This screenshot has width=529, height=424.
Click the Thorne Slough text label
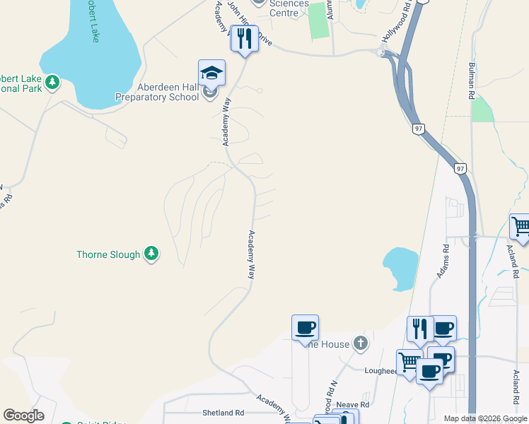coord(108,254)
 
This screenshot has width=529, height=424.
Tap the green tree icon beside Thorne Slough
coord(151,254)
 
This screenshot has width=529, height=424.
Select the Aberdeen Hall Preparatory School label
coord(157,92)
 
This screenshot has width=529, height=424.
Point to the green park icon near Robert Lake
coord(52,83)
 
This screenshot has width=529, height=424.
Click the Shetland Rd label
coord(223,413)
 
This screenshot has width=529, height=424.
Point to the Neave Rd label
coord(353,405)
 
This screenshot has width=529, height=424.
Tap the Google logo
coord(23,416)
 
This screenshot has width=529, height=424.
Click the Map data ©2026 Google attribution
coord(486,418)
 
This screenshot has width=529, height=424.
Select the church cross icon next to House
coord(361,343)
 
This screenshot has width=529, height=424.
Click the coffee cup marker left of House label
coord(305,328)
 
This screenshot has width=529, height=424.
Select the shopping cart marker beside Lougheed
coord(409,363)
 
